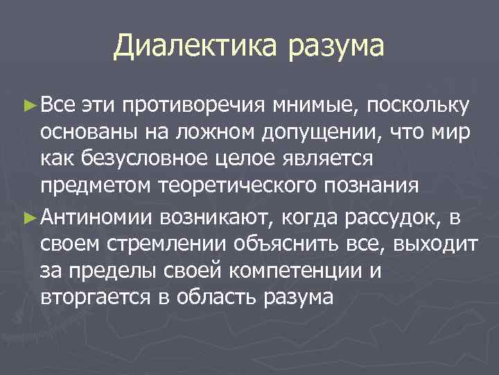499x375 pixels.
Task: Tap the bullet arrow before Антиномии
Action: [x=28, y=217]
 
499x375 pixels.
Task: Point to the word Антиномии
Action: [x=98, y=217]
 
